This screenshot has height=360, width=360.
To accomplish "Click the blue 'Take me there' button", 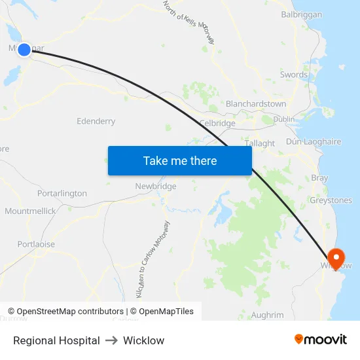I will (179, 160).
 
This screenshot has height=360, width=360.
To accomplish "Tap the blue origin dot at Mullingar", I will (24, 49).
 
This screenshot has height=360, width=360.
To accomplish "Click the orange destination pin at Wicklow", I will (336, 257).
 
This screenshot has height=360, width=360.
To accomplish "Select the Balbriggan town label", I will (301, 14).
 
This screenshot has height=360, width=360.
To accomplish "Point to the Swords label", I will (294, 75).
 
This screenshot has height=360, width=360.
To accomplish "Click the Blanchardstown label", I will (256, 103).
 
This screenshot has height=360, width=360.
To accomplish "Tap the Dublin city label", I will (284, 119).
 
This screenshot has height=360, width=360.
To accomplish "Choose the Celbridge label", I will (217, 123).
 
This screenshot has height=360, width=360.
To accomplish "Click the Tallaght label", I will (259, 143).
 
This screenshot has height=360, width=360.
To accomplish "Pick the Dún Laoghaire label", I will (314, 141).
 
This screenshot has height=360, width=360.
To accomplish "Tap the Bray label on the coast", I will (319, 178).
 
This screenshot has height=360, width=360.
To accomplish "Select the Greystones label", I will (331, 200).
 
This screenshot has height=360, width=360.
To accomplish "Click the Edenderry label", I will (96, 121).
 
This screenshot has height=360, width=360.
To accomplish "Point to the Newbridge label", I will (156, 187).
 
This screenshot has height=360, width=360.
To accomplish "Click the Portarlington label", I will (62, 193).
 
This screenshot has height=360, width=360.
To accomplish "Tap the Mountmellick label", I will (30, 211).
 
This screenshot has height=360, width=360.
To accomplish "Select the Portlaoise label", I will (37, 244).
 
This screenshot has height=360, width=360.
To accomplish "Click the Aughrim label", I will (268, 315).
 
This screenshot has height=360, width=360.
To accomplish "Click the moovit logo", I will (321, 340).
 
